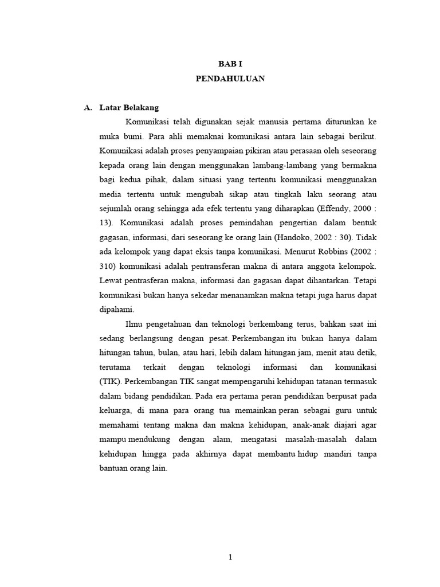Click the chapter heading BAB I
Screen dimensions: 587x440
coord(230,64)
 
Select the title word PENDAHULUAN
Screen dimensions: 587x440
coord(230,79)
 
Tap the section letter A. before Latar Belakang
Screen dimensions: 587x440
coord(88,108)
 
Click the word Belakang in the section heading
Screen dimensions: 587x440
coord(140,108)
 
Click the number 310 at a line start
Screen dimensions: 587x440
coord(107,265)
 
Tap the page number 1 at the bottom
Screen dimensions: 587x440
coord(230,557)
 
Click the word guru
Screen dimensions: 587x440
coord(336,410)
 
